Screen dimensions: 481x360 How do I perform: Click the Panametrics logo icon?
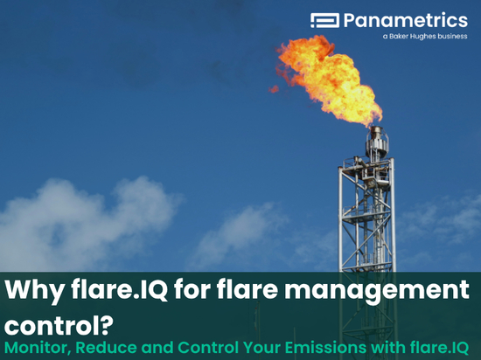click(324, 20)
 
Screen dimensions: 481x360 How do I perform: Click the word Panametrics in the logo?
click(406, 20)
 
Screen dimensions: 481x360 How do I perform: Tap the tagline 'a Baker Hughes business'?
click(425, 37)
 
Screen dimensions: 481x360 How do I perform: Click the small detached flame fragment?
click(274, 89)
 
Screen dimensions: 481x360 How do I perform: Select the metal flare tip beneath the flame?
click(377, 142)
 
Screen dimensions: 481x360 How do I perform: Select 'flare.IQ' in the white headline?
click(119, 288)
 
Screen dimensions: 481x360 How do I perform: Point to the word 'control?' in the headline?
click(59, 324)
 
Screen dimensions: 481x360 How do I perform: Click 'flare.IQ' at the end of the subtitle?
click(439, 348)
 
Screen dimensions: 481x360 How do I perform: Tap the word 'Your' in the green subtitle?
click(262, 348)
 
